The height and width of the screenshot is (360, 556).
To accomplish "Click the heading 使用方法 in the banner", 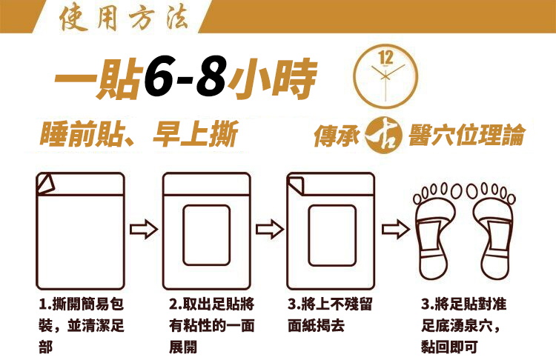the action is click(123, 18).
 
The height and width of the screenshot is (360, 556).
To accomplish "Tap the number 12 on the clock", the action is click(385, 57).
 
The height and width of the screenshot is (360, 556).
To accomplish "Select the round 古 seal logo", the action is click(383, 136).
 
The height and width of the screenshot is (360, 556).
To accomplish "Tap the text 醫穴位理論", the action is click(466, 135).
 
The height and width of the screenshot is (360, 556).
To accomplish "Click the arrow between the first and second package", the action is click(144, 230).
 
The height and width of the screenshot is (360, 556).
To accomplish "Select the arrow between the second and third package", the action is click(270, 230).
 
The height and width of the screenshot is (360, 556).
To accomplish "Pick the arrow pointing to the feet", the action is click(396, 230).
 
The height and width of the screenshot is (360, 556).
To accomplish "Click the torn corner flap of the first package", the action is click(46, 184).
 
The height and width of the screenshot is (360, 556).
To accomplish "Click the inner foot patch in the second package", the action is click(206, 236).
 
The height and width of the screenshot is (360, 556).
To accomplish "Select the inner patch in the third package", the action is click(332, 236).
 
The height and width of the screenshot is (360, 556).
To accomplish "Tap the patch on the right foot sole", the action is click(499, 238).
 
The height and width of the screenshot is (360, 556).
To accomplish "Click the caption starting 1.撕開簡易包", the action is click(82, 325).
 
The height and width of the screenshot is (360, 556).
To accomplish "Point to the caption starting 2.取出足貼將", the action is click(212, 325).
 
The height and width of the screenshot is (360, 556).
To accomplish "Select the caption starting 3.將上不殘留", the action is click(330, 315).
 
